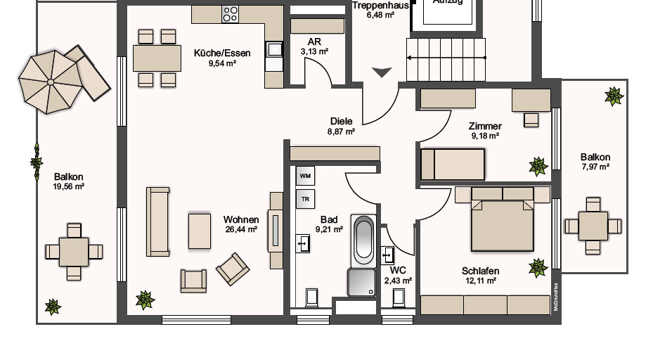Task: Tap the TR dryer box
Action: coord(305,199)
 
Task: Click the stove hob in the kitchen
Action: coord(231,14)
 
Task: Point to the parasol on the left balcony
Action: coord(51,82)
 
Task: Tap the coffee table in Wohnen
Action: coord(200,231)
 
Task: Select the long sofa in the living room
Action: coord(157,221)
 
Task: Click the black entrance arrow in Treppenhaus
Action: coord(382,72)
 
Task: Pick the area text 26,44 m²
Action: coord(241,229)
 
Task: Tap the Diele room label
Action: coord(341,121)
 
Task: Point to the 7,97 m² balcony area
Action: coord(595,167)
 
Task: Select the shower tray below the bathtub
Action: coord(362,283)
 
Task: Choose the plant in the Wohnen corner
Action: coord(145,300)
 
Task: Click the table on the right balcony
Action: coord(594,226)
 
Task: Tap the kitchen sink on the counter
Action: coord(273,51)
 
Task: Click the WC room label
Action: coord(398,270)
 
